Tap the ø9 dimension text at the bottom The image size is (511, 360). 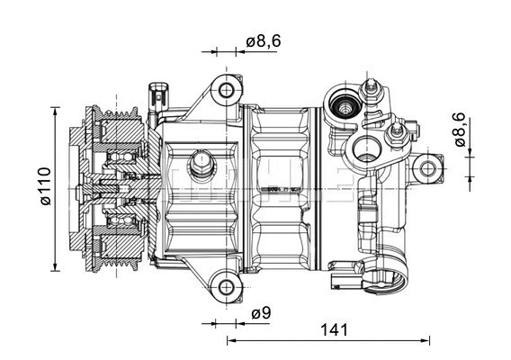[x=261, y=313]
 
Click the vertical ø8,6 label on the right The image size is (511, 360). [x=458, y=130]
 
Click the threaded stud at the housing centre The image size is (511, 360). [x=199, y=166]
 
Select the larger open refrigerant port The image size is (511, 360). [x=366, y=150]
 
